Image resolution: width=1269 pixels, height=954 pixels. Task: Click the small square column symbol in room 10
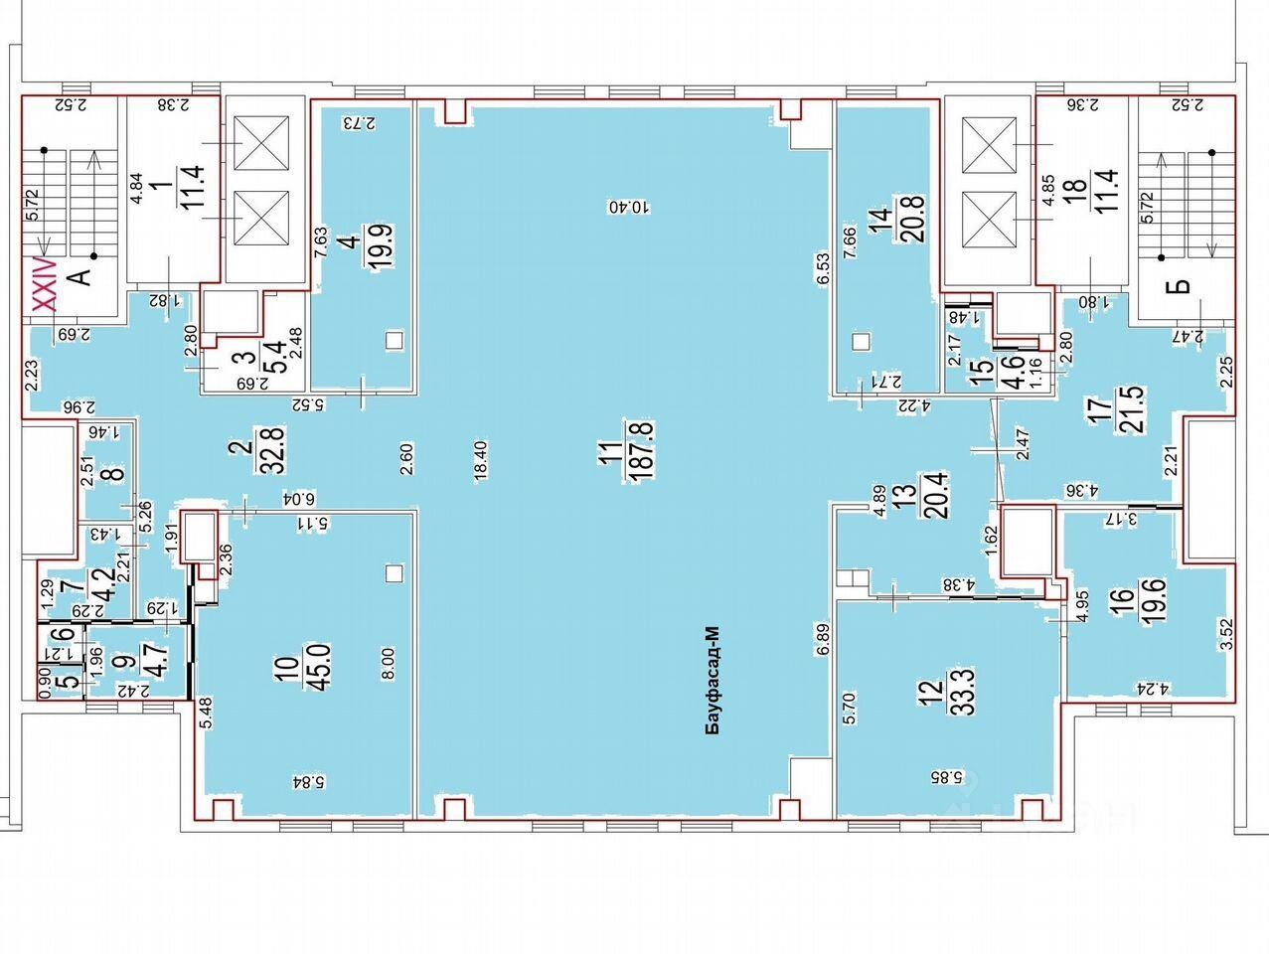coord(395,573)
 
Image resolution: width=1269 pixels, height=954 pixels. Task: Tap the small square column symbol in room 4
coord(395,341)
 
